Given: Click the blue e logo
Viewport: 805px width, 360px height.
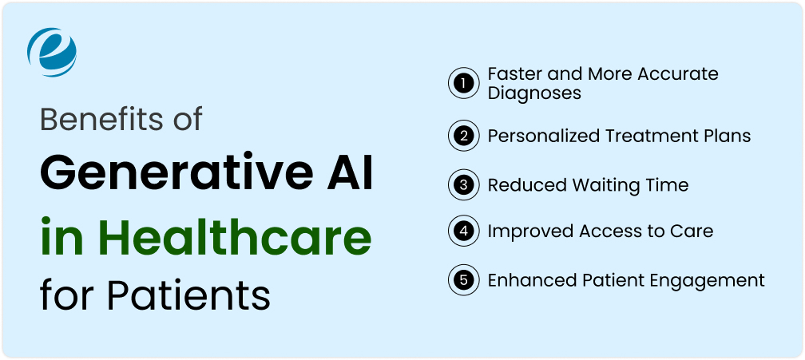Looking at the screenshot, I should click(x=52, y=52).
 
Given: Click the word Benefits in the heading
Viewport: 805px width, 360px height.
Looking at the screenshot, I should click(x=93, y=120).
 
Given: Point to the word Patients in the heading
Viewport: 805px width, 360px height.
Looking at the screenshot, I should click(x=188, y=295).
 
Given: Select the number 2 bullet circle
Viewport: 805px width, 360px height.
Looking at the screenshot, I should click(x=462, y=136).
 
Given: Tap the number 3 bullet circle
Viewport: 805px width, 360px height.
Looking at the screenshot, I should click(x=462, y=186).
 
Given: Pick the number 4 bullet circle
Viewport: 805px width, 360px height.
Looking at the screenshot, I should click(x=462, y=232).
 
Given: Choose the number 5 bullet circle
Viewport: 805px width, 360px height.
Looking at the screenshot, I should click(x=462, y=281).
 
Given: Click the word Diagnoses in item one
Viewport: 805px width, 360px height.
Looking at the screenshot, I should click(x=534, y=93).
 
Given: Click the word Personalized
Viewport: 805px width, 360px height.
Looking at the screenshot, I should click(x=541, y=136).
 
